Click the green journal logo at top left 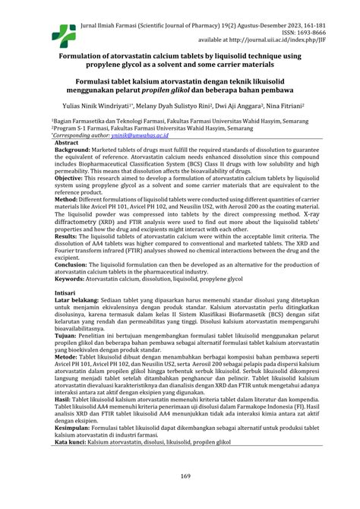pyautogui.click(x=48, y=32)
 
